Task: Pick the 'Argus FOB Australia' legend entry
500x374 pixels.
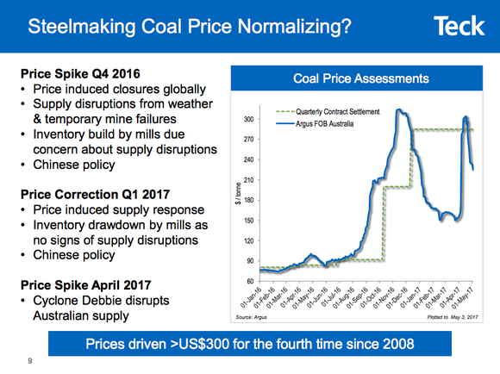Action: [331, 122]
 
